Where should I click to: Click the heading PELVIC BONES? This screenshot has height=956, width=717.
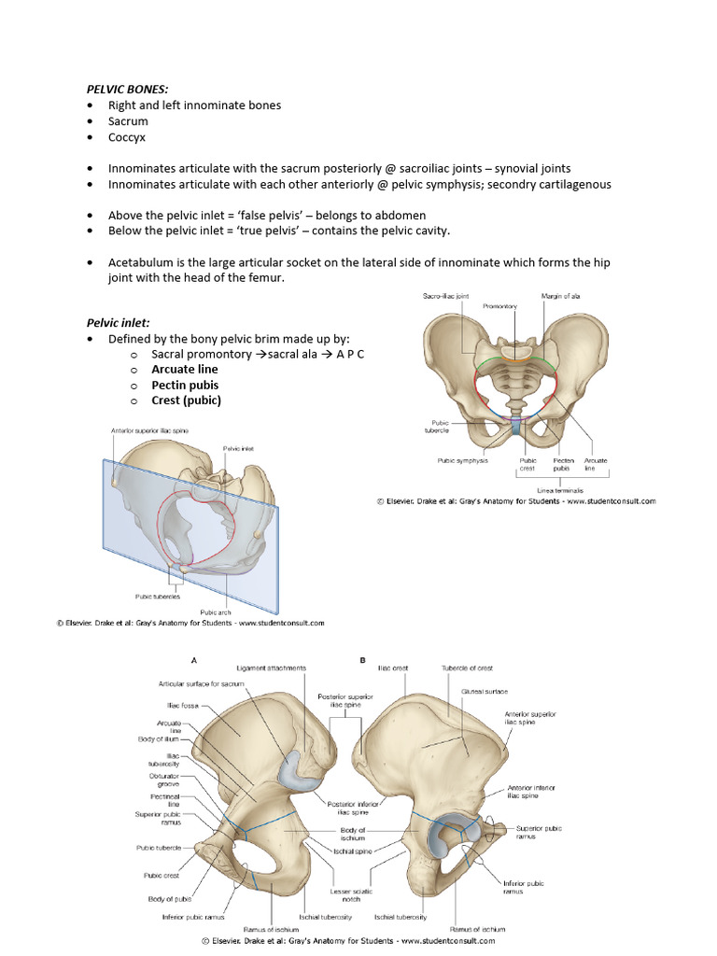[x=127, y=89]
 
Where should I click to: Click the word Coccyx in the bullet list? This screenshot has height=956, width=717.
[x=127, y=137]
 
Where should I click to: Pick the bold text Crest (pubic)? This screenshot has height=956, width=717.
[x=187, y=401]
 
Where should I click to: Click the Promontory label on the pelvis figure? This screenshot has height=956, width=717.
[x=500, y=306]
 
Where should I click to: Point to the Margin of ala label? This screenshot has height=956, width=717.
[x=560, y=296]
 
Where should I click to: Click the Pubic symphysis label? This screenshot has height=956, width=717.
[x=463, y=460]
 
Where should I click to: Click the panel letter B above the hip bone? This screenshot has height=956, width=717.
[x=362, y=660]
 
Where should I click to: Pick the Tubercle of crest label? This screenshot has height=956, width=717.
[x=467, y=668]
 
